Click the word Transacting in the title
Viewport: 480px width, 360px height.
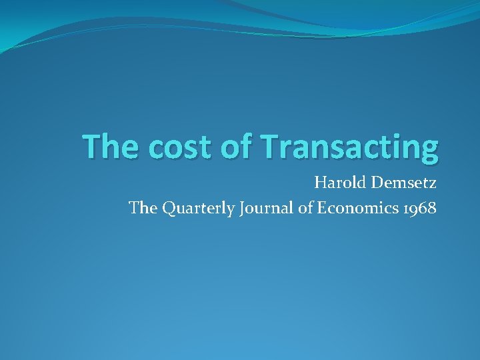pyautogui.click(x=349, y=147)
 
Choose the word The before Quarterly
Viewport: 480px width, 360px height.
pyautogui.click(x=142, y=208)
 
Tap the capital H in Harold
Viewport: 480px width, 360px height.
pyautogui.click(x=320, y=182)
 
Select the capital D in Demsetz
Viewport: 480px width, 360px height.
pyautogui.click(x=381, y=182)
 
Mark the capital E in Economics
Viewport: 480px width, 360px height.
pyautogui.click(x=321, y=208)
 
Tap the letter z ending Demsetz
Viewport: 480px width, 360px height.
pyautogui.click(x=433, y=183)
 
